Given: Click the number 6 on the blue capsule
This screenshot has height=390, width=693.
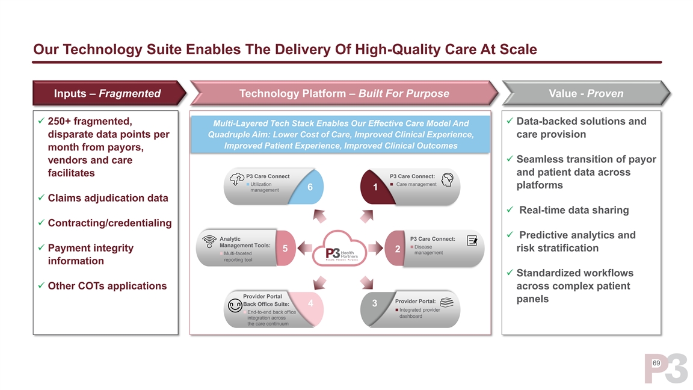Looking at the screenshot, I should (310, 187).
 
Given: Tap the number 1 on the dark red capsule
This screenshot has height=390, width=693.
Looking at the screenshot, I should (375, 188).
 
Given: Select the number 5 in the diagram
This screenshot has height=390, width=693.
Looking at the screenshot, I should (285, 249).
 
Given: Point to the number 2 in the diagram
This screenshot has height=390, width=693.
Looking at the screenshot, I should (398, 249).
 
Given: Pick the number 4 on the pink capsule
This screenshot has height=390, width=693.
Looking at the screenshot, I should (310, 303).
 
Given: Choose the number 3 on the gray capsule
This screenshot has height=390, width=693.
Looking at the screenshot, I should (375, 303).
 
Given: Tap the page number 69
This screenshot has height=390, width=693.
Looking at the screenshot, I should (656, 364).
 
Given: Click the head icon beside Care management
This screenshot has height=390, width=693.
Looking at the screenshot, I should (447, 181).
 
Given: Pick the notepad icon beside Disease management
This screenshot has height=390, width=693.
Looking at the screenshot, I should (472, 241).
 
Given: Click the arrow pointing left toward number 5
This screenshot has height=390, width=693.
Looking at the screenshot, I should (305, 247).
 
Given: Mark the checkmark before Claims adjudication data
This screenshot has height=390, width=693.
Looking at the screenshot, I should (40, 199).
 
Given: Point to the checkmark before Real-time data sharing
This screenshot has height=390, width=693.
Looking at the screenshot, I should (510, 210).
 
